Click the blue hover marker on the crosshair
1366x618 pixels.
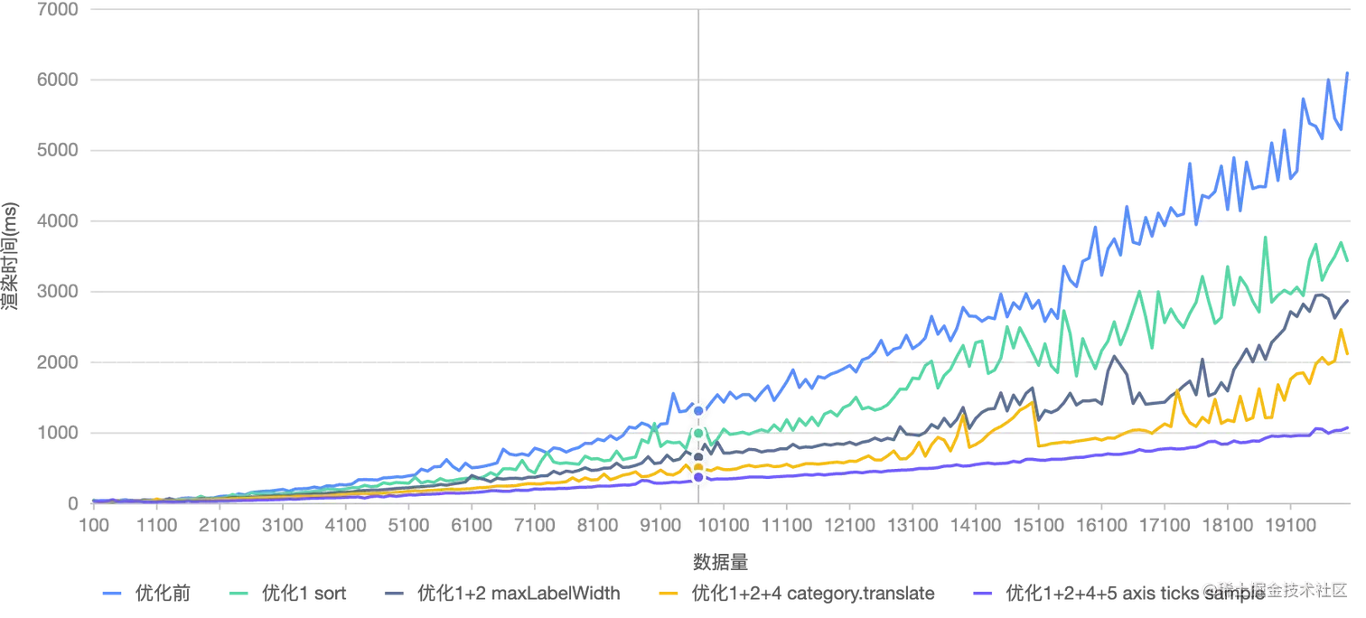click(x=697, y=411)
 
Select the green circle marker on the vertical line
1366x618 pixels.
click(x=697, y=434)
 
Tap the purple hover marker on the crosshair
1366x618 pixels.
click(x=697, y=476)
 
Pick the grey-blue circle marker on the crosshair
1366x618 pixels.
click(x=697, y=457)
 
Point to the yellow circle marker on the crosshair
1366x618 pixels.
click(x=697, y=467)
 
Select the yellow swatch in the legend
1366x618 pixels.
click(x=667, y=594)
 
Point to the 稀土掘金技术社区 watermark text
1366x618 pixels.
click(x=1274, y=589)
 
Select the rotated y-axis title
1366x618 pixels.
click(x=11, y=256)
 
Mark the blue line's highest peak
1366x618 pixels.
click(x=1347, y=70)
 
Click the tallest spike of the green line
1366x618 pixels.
click(x=1269, y=237)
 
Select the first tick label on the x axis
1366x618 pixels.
click(x=91, y=524)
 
